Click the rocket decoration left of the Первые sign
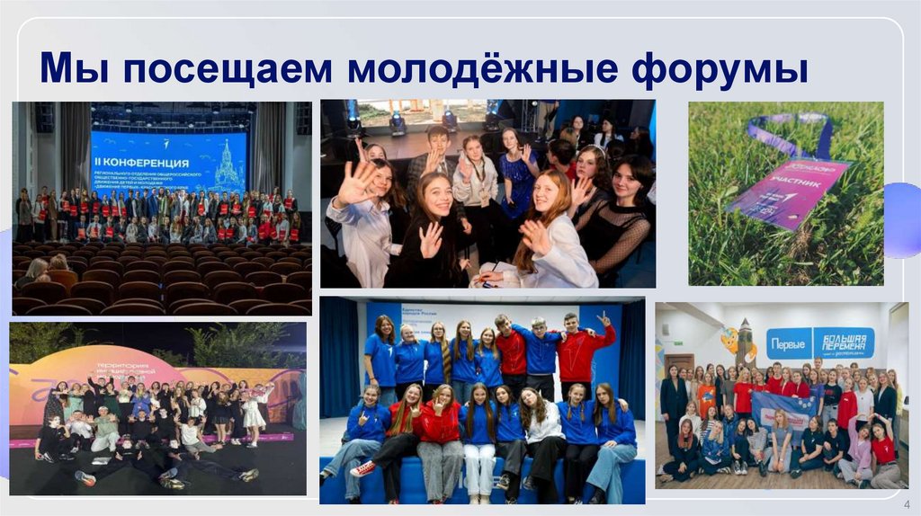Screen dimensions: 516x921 [745, 341]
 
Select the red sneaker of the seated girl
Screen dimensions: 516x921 [362, 468]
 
